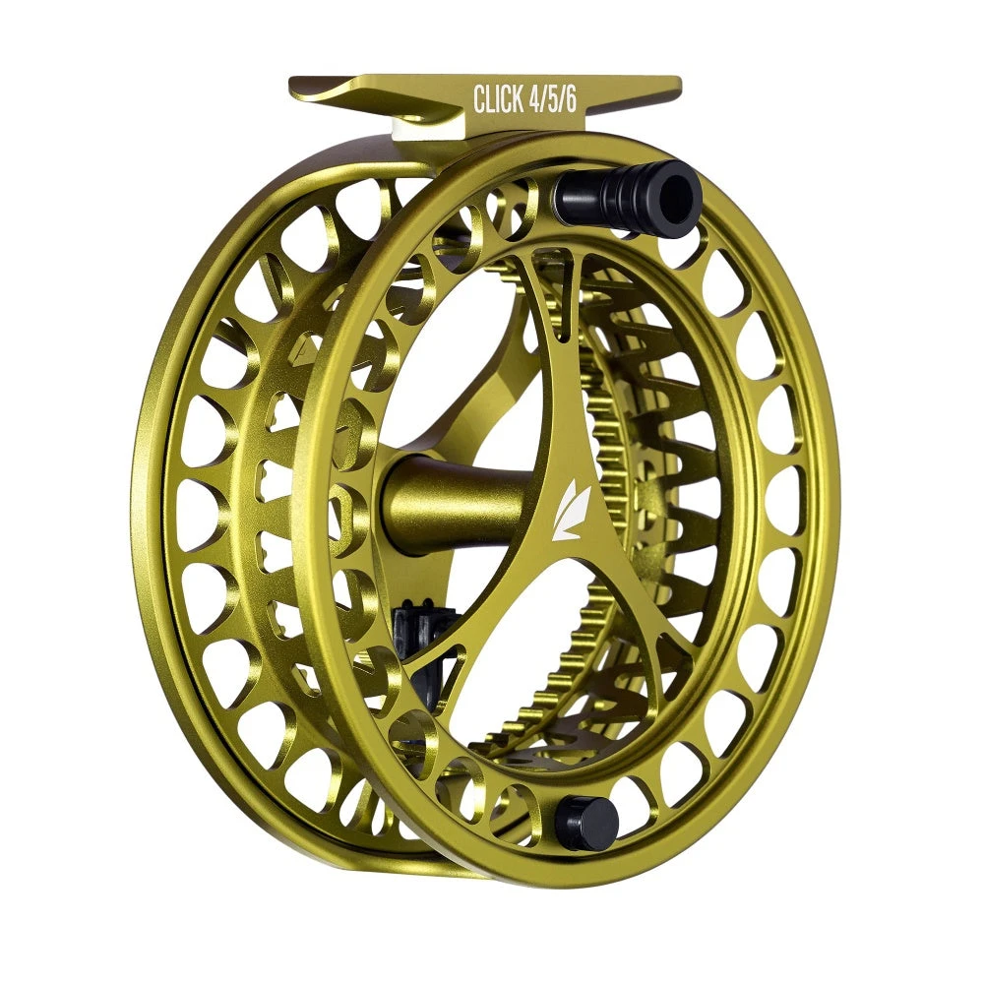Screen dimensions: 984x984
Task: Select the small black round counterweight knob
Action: [x=584, y=823]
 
